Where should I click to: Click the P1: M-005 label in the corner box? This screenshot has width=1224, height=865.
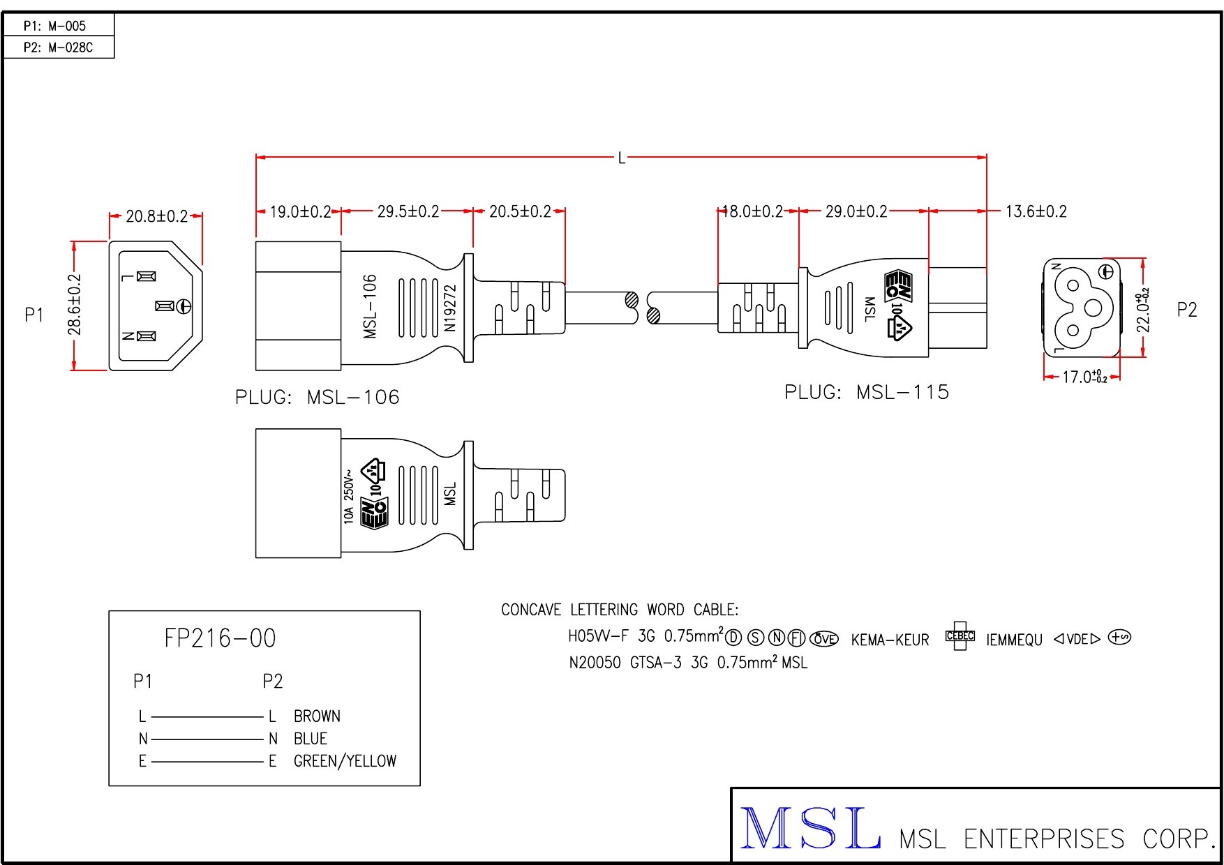click(x=54, y=26)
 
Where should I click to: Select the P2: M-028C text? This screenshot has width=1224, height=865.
click(x=58, y=47)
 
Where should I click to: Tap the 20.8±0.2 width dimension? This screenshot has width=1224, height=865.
click(x=156, y=216)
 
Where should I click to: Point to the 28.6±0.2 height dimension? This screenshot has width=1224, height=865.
click(x=75, y=305)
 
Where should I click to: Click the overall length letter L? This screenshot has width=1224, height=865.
click(x=621, y=158)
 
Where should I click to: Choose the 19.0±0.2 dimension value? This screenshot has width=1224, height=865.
click(x=300, y=211)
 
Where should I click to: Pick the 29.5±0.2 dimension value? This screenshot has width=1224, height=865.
click(x=408, y=211)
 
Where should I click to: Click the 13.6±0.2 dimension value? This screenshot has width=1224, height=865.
click(x=1036, y=211)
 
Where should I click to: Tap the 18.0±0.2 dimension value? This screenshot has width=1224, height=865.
click(x=752, y=211)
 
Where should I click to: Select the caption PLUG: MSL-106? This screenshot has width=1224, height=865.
click(x=318, y=397)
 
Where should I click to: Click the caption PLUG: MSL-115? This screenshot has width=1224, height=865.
click(x=867, y=392)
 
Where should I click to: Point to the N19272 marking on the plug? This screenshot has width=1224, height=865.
click(x=450, y=308)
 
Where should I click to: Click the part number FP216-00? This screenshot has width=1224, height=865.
click(x=220, y=638)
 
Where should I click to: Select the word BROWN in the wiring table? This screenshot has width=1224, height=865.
click(x=317, y=716)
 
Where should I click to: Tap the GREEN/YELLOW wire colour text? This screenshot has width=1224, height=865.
click(x=345, y=761)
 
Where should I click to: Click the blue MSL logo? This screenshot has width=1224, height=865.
click(x=809, y=828)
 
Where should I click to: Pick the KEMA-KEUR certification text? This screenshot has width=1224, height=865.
click(x=890, y=640)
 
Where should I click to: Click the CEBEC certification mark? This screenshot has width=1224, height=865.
click(x=960, y=635)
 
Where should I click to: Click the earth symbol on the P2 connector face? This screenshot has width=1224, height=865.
click(x=1106, y=271)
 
